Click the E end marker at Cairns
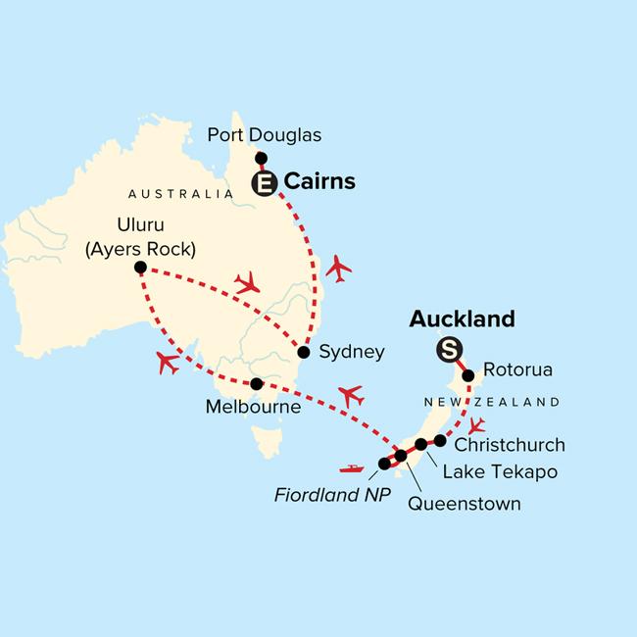point(264,182)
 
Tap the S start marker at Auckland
point(449,348)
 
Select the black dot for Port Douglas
point(261,158)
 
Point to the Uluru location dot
point(140,268)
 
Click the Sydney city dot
point(304,352)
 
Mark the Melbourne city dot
point(256,383)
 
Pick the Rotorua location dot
point(468,374)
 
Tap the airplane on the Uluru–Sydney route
point(246,283)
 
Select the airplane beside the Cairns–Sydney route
point(339,268)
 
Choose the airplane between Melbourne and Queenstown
point(350,396)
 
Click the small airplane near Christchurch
point(477,426)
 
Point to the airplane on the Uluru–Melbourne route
point(168,363)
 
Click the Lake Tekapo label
point(500,471)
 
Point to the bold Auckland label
point(462,318)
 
